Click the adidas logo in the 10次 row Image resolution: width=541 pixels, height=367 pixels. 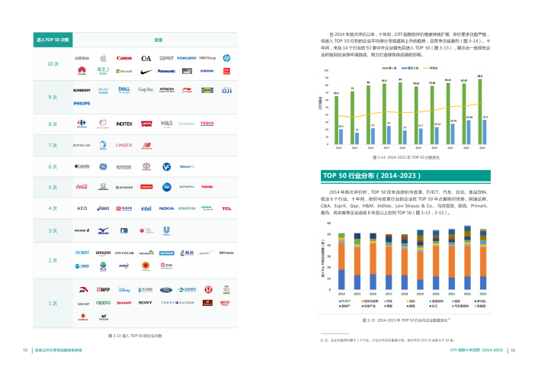pyautogui.click(x=82, y=58)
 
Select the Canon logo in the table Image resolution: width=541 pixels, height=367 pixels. pyautogui.click(x=124, y=58)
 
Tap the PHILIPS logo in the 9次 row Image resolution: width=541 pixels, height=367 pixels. pyautogui.click(x=82, y=103)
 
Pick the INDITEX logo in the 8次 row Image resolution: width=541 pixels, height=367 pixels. pyautogui.click(x=124, y=124)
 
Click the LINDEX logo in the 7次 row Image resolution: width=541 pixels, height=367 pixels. pyautogui.click(x=124, y=144)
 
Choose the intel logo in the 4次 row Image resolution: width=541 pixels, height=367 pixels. pyautogui.click(x=146, y=208)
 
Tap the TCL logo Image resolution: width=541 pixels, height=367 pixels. pyautogui.click(x=227, y=208)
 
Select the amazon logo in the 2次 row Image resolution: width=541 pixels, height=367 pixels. pyautogui.click(x=103, y=253)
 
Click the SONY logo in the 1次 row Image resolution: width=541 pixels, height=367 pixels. pyautogui.click(x=146, y=303)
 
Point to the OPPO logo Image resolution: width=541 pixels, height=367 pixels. pyautogui.click(x=103, y=303)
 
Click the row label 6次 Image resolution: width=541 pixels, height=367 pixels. pyautogui.click(x=53, y=166)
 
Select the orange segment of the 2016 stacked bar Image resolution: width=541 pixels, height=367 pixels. pyautogui.click(x=373, y=259)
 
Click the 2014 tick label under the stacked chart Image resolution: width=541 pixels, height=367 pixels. pyautogui.click(x=341, y=294)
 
